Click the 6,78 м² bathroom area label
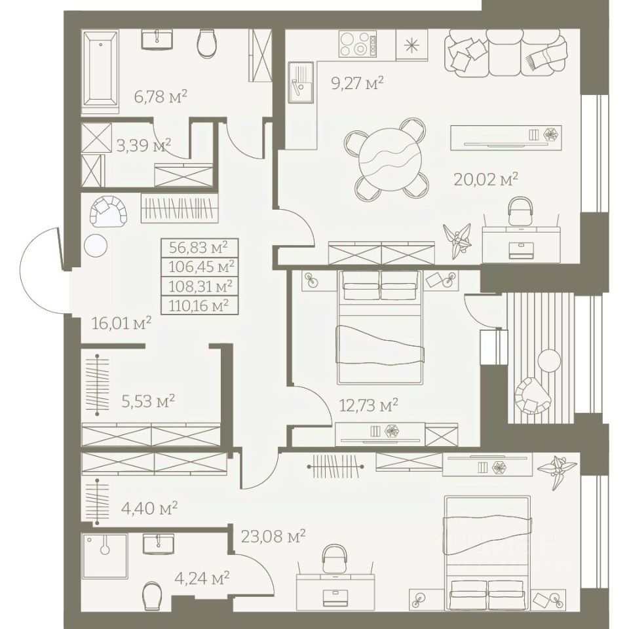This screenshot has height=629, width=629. click(161, 97)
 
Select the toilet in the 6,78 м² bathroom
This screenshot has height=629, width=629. click(208, 43)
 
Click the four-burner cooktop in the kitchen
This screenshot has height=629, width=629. click(359, 44)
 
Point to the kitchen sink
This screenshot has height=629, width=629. click(301, 83)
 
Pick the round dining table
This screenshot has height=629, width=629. click(390, 157)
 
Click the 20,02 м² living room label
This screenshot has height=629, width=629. click(486, 180)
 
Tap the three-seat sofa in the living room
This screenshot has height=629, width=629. click(505, 53)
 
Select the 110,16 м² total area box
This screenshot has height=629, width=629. click(199, 306)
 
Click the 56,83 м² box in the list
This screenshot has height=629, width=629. click(199, 248)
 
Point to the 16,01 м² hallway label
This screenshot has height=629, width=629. click(122, 323)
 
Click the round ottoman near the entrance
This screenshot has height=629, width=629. click(96, 244)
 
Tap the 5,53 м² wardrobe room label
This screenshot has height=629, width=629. click(148, 401)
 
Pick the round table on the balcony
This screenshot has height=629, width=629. click(549, 360)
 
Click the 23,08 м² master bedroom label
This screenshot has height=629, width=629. click(273, 536)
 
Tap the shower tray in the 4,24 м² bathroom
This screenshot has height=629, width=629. click(105, 556)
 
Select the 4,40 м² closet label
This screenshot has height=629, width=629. click(149, 508)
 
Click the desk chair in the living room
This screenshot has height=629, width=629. click(520, 212)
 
